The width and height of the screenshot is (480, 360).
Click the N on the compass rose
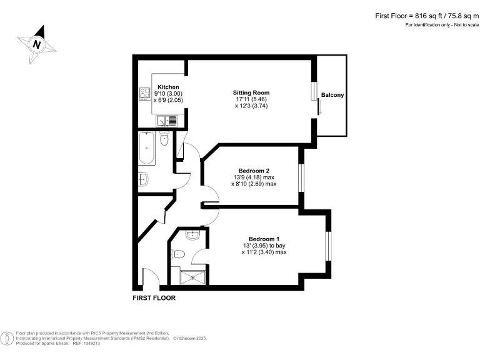37,44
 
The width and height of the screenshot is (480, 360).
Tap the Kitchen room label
168,87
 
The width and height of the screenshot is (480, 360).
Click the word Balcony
332,95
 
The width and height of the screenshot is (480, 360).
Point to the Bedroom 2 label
254,171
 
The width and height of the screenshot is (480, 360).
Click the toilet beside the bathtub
164,140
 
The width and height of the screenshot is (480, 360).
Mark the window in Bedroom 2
301,177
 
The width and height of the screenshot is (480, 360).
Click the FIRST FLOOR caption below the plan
154,298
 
